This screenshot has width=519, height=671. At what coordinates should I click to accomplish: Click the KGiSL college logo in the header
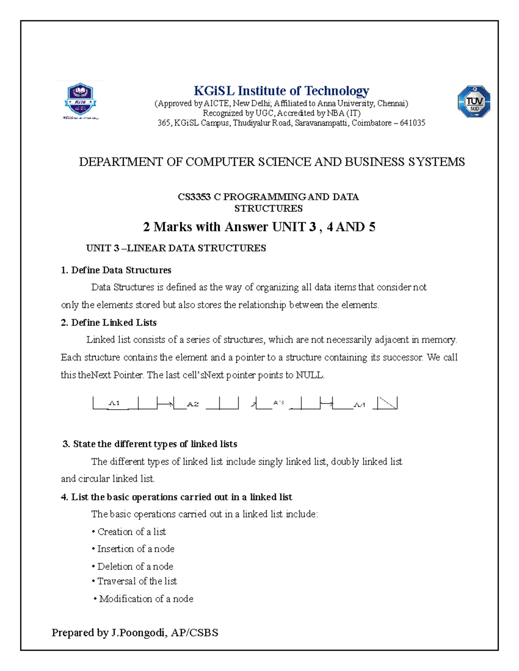click(80, 101)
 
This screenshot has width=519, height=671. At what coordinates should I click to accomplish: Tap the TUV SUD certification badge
click(474, 102)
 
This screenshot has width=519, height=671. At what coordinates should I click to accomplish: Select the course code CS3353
click(194, 197)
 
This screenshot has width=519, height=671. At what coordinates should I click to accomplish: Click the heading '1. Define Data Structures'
click(116, 270)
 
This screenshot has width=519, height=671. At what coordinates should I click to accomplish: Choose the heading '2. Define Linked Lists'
click(109, 323)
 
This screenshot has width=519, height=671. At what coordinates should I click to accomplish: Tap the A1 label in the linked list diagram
click(114, 403)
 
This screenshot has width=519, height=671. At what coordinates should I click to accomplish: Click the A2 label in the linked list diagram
click(192, 404)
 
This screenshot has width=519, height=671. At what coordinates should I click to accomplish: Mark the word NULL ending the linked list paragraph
click(309, 375)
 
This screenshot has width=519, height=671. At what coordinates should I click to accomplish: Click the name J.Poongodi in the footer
click(138, 633)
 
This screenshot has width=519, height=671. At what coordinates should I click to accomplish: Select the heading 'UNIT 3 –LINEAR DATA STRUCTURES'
click(176, 248)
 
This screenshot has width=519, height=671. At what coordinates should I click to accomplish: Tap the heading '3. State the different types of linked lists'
click(150, 444)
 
